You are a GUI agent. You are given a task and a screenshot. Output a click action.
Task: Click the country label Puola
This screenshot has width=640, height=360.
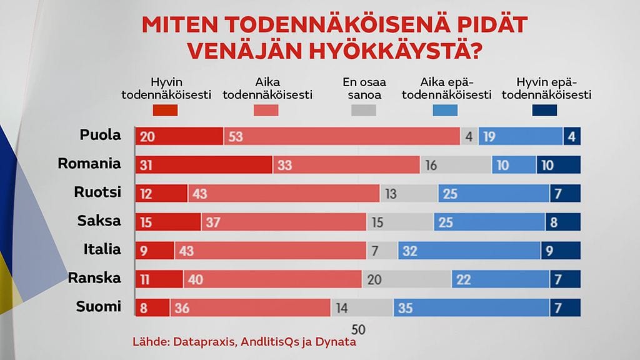pos(100,136)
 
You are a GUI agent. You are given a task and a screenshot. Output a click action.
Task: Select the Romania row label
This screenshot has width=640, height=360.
pos(89,164)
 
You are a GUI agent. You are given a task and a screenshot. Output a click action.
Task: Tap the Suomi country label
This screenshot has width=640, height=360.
pos(99,307)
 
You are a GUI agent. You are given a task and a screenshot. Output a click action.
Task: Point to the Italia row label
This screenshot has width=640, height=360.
pos(102,250)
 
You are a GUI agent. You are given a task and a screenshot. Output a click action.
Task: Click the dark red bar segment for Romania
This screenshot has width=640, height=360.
pos(204,165)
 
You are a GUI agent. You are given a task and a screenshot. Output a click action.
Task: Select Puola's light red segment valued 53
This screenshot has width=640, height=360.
pos(342,136)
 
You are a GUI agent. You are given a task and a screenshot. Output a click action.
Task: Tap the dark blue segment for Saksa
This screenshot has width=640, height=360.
pos(565,222)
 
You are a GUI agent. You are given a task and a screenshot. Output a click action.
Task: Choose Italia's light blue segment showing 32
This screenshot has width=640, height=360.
pos(469,251)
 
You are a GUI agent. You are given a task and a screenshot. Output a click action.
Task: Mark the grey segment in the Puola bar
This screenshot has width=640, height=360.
pos(469,136)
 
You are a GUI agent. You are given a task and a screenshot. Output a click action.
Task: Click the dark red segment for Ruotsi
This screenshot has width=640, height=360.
pos(161,194)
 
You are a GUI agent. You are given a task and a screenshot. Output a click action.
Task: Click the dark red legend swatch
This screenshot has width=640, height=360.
pos(166,111)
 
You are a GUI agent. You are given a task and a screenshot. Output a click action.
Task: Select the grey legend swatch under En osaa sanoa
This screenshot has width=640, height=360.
pos(364,111)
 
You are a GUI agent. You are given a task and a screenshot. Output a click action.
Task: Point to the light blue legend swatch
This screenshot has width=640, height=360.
pos(445,111)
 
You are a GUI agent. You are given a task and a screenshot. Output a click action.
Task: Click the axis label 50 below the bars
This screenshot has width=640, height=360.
pos(359,329)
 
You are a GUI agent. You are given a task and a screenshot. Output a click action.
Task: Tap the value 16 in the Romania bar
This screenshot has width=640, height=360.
pos(431,165)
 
